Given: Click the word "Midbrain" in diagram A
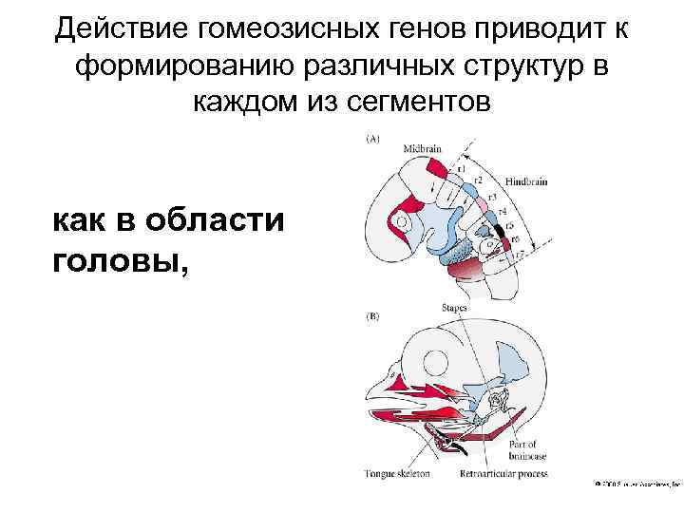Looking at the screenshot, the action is tap(423, 150).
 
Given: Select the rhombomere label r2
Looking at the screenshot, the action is tap(479, 180).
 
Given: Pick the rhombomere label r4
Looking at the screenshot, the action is tap(501, 210).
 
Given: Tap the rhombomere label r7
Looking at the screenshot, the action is tap(522, 255).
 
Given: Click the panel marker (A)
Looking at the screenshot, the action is tap(372, 139).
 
